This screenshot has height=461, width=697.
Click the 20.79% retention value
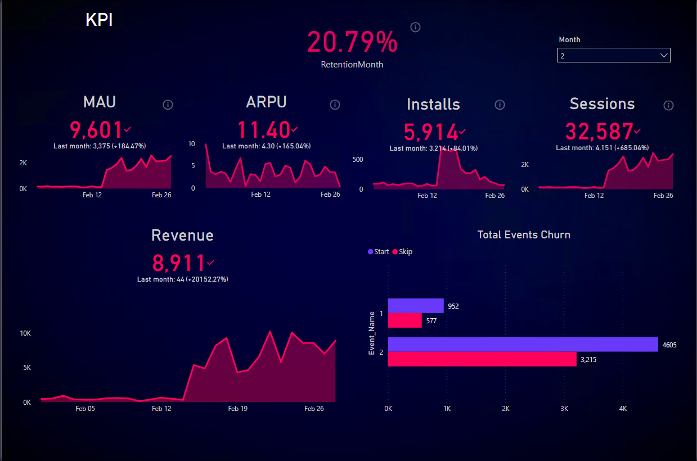[x=352, y=43]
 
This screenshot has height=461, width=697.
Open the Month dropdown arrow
[x=664, y=55]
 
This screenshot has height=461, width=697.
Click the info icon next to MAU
[x=168, y=105]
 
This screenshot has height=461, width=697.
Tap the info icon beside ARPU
[x=335, y=105]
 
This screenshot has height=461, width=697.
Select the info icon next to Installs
[x=500, y=105]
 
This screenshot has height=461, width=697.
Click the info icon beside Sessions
[x=668, y=105]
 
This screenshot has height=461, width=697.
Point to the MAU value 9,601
[x=96, y=130]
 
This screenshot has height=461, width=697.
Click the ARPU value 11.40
[x=263, y=130]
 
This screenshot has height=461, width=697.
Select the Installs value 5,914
[x=431, y=132]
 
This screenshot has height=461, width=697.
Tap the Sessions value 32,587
[x=599, y=132]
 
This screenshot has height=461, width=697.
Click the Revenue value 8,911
[x=179, y=263]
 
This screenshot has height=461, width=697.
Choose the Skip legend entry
[x=402, y=252]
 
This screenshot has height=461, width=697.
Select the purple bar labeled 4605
[x=523, y=344]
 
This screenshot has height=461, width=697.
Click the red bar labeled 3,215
[x=482, y=359]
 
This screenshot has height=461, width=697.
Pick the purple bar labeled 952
[x=416, y=305]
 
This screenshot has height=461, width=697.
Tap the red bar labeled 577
[x=404, y=320]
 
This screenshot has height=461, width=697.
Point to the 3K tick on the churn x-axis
[x=564, y=409]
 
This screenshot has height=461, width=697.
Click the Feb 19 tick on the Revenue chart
[x=237, y=409]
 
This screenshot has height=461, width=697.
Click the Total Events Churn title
[x=523, y=235]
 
